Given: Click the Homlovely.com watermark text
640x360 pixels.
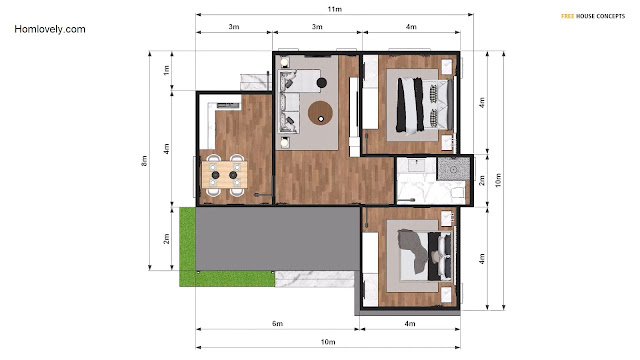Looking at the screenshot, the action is (x=50, y=29).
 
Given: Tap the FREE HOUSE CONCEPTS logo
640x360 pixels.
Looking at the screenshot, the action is (x=593, y=16).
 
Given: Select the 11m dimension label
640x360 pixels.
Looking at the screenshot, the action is (x=335, y=9).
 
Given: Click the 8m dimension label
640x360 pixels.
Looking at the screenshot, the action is (x=144, y=161).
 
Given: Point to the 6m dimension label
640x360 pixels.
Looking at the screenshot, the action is (x=278, y=324).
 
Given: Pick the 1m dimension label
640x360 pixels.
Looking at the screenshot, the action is (x=166, y=70).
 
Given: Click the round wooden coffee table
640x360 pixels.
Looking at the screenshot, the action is (x=320, y=113).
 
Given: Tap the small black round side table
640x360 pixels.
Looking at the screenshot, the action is (x=322, y=83).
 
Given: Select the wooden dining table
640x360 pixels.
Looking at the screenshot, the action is (x=224, y=174).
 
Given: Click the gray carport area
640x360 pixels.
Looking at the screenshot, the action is (x=278, y=238).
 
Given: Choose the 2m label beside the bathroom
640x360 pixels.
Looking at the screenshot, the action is (x=482, y=180).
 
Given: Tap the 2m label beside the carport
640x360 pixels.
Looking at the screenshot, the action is (x=166, y=239).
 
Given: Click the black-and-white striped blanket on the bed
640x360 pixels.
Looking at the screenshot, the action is (x=410, y=105).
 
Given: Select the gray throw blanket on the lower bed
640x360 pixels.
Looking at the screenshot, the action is (x=412, y=249).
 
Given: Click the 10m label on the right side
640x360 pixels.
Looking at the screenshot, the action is (x=498, y=180).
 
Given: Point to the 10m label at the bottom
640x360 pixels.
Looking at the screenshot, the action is (x=328, y=342).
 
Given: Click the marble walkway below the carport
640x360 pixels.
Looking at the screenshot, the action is (x=315, y=279).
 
